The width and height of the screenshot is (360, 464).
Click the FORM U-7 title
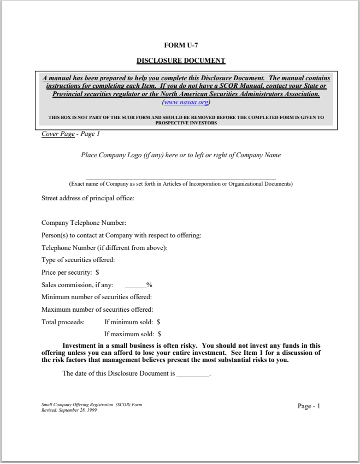(x=180, y=45)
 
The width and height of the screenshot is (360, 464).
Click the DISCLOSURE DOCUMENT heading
(x=180, y=61)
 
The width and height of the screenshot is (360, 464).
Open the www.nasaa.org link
(x=186, y=102)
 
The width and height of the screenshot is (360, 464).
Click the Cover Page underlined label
(x=58, y=134)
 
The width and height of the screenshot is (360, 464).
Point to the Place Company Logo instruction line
(x=180, y=155)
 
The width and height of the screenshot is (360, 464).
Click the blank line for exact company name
(x=180, y=178)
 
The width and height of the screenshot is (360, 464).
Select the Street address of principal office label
(x=88, y=198)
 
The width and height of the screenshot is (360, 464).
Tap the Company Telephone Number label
(x=84, y=223)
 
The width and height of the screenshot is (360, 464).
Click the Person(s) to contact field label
(x=121, y=235)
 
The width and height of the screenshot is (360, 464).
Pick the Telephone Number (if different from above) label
(x=104, y=248)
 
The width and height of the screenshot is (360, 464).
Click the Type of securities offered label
(x=78, y=260)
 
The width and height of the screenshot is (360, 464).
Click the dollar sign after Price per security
(x=97, y=272)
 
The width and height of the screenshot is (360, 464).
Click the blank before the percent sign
(x=135, y=285)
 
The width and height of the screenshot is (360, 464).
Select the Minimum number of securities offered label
(x=97, y=297)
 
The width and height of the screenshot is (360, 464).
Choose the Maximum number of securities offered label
(x=97, y=310)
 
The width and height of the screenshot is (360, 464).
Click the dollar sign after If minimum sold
(x=158, y=322)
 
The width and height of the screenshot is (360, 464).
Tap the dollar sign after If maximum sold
(x=160, y=334)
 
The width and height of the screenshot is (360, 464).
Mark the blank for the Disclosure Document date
(x=193, y=374)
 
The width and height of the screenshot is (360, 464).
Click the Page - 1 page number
(x=309, y=406)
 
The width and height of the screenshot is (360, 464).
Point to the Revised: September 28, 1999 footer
(x=69, y=410)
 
